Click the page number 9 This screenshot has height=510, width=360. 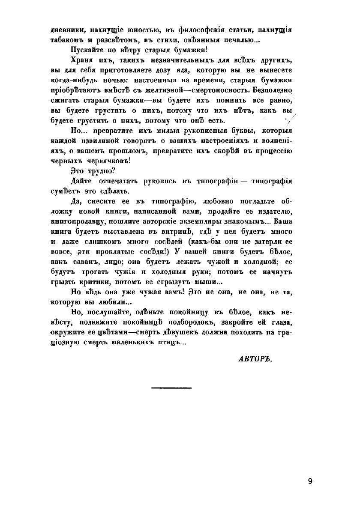click(310, 481)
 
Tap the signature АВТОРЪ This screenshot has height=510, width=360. click(255, 358)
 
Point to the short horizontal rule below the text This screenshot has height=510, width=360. click(171, 388)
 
